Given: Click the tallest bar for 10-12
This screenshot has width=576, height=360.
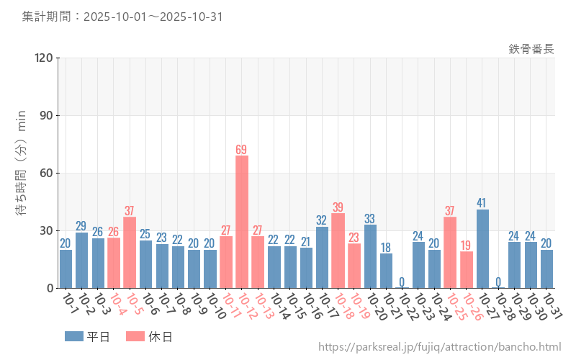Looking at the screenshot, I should pos(242,222).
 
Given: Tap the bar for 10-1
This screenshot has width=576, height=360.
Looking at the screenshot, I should pos(66,269).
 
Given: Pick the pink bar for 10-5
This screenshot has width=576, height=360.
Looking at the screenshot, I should pos(130,252).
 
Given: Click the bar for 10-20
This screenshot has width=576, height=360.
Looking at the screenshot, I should pos(370,256).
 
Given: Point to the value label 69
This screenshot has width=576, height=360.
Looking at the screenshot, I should pos(242,150).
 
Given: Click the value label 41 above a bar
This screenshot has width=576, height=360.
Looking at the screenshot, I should pos(482,203).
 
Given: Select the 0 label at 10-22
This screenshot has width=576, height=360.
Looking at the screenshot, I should pos(402,282).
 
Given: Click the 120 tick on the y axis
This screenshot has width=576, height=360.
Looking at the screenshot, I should pos(43,58).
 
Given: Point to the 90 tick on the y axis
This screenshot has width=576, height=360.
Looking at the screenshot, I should pos(46,116).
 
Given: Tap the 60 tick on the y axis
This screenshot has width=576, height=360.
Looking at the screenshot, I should pos(46,174).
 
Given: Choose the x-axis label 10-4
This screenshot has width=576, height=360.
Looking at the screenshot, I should pos(117,305).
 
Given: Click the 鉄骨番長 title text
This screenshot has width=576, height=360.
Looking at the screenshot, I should pos(531,49).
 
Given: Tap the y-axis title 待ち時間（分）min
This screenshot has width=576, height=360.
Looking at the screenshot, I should pos(22,173).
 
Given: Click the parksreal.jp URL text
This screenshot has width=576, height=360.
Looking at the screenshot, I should pos(439,348).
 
